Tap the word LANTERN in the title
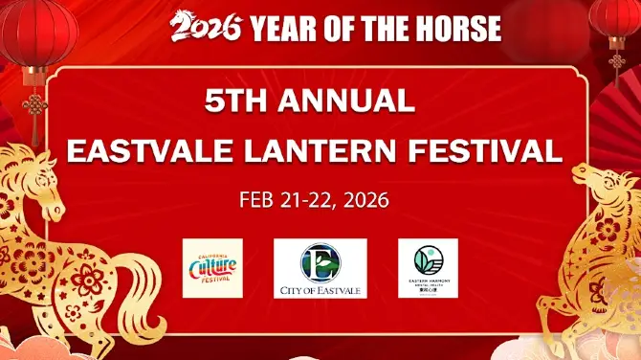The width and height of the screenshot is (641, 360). [344, 152]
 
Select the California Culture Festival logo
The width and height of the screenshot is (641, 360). [212, 268]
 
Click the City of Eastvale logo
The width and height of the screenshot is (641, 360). [320, 268]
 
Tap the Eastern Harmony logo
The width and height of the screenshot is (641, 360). [428, 267]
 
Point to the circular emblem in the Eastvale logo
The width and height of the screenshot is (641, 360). [320, 261]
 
